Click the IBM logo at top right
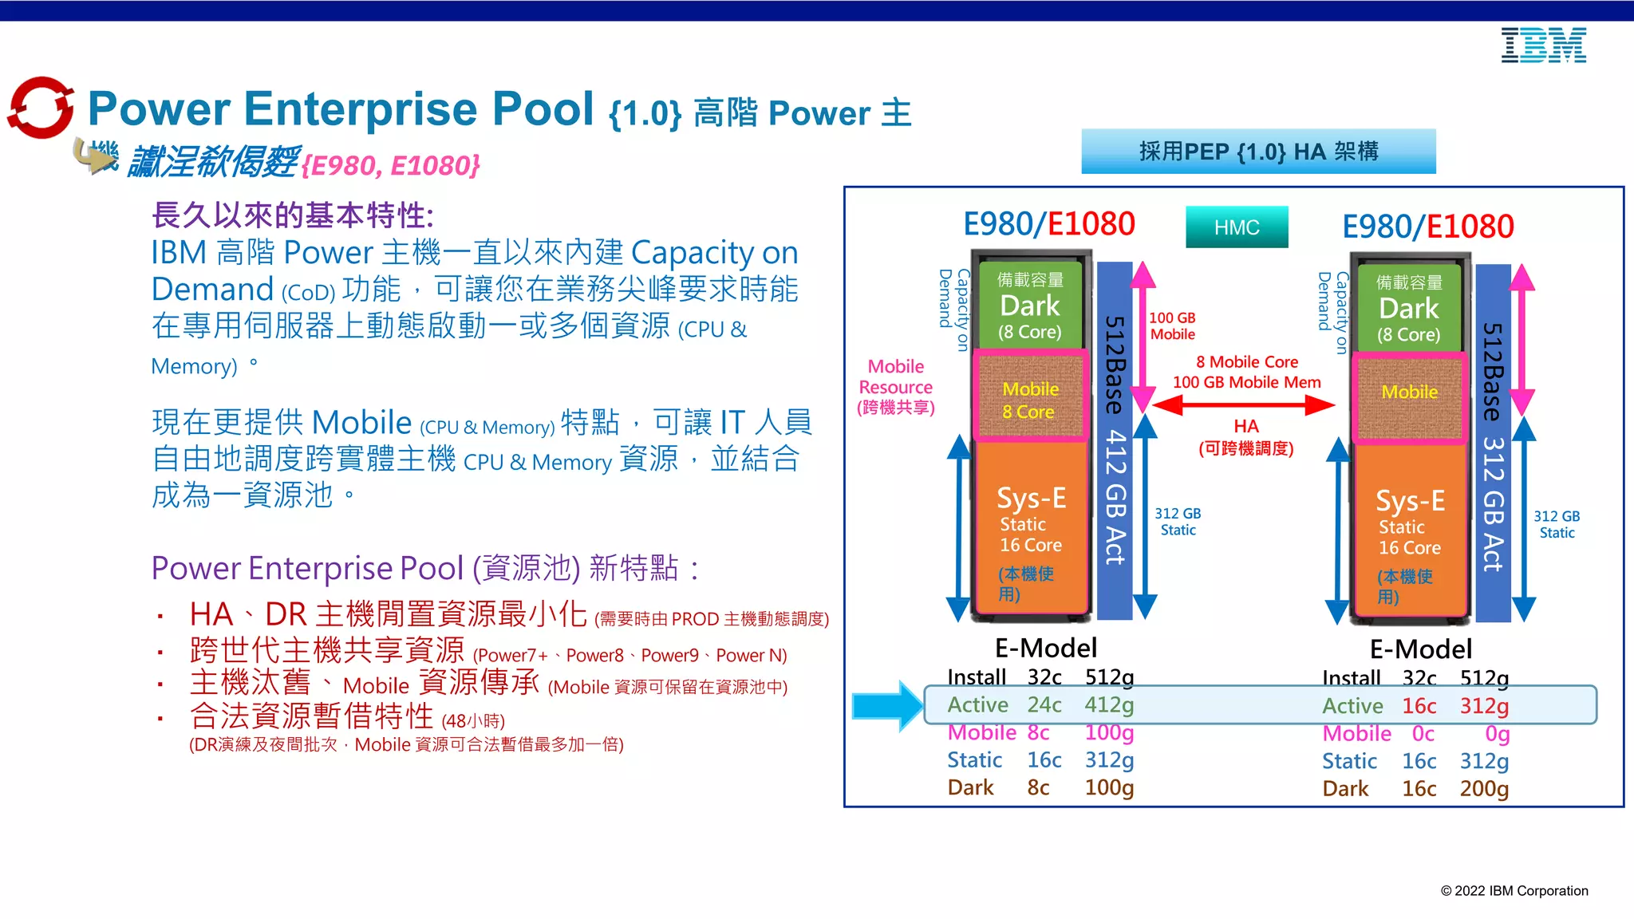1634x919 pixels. (x=1543, y=45)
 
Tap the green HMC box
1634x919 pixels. (x=1236, y=227)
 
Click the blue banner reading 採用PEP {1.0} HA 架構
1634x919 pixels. (x=1258, y=152)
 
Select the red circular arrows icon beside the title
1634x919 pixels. (x=40, y=108)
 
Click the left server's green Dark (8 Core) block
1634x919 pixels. (x=1030, y=306)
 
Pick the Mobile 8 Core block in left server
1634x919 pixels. (x=1030, y=399)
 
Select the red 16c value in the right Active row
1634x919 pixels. (x=1419, y=706)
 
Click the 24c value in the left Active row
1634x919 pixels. (x=1044, y=705)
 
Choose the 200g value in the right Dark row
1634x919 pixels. (x=1483, y=789)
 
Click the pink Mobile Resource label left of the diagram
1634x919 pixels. (x=895, y=387)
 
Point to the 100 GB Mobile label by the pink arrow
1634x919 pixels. (x=1172, y=326)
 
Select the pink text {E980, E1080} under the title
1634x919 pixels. (x=391, y=165)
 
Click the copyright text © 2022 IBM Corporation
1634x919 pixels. (x=1514, y=891)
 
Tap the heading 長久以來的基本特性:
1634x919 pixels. (x=292, y=215)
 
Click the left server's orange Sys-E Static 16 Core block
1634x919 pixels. (x=1030, y=527)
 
